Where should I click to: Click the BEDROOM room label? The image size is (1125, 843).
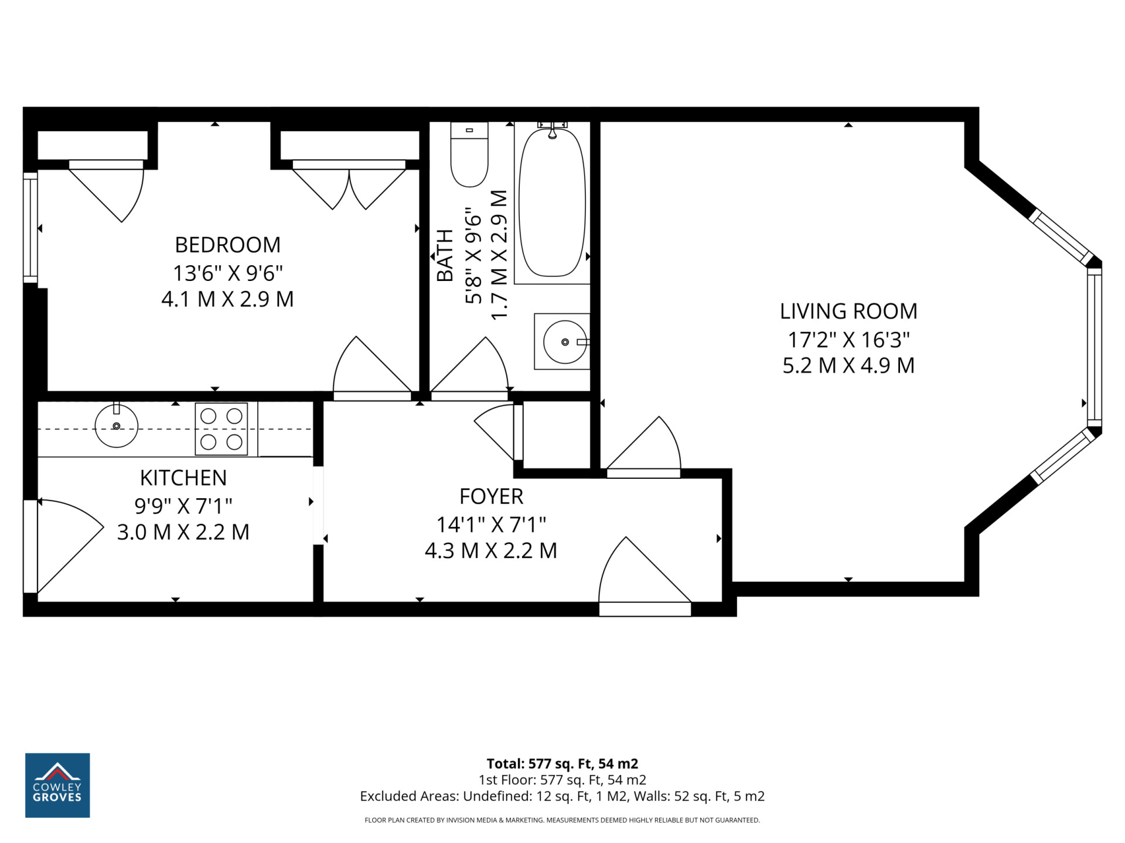click(x=227, y=245)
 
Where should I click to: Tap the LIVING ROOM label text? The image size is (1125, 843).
click(x=848, y=311)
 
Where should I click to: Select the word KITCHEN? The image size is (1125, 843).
click(x=183, y=478)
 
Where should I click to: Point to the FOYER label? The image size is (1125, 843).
click(x=491, y=496)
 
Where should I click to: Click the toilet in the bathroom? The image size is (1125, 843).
click(x=469, y=154)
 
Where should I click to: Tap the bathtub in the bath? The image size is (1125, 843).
click(x=552, y=202)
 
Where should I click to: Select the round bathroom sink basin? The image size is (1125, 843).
click(x=564, y=342)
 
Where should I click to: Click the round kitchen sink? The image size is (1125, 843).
click(x=117, y=426)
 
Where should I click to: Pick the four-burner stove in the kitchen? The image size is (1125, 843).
click(x=221, y=429)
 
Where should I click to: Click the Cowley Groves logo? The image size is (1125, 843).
click(x=57, y=785)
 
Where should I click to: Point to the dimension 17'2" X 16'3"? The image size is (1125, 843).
click(x=848, y=340)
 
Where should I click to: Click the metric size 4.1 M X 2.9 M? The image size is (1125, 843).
click(x=227, y=299)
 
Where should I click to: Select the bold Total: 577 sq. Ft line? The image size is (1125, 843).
click(x=562, y=763)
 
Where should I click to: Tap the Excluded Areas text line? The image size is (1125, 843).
click(x=562, y=796)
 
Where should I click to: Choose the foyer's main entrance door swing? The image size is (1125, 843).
click(x=645, y=577)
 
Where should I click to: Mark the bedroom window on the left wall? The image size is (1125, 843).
click(x=30, y=228)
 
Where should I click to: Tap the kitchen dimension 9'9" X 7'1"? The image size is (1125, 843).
click(x=183, y=505)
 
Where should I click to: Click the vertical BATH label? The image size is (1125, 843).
click(x=445, y=255)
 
